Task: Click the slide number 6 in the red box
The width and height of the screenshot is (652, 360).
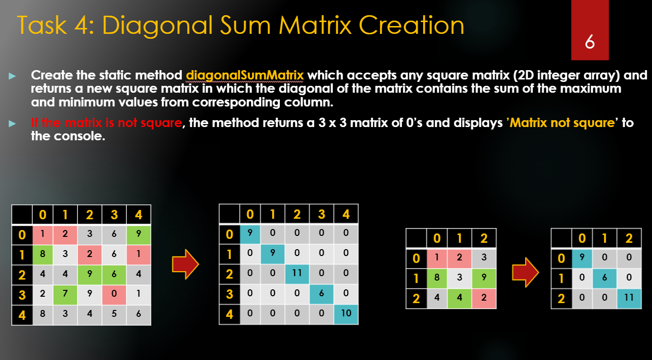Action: tap(590, 43)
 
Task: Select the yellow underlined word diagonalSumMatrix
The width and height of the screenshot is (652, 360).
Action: tap(245, 76)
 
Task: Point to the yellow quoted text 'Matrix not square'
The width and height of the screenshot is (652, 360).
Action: tap(562, 123)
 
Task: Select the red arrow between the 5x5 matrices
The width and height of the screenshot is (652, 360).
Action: tap(185, 265)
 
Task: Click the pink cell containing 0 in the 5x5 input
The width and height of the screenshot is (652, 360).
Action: tap(114, 294)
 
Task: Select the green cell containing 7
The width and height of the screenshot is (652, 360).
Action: tap(65, 294)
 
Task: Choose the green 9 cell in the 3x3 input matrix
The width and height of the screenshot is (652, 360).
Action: tap(484, 278)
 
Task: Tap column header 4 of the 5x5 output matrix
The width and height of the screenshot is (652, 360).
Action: tap(346, 214)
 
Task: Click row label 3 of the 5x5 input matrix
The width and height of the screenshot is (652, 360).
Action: tap(22, 294)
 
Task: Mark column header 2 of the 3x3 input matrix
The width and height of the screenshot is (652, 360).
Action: tap(484, 238)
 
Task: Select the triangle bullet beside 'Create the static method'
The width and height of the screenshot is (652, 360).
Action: tap(12, 76)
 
